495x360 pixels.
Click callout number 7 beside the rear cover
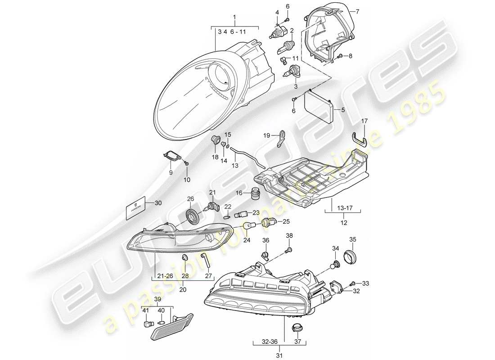359,11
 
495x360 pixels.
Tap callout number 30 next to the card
157,202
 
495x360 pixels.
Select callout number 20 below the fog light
182,290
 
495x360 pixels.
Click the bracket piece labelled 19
280,137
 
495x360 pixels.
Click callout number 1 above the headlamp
234,18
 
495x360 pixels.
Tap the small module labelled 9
172,156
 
